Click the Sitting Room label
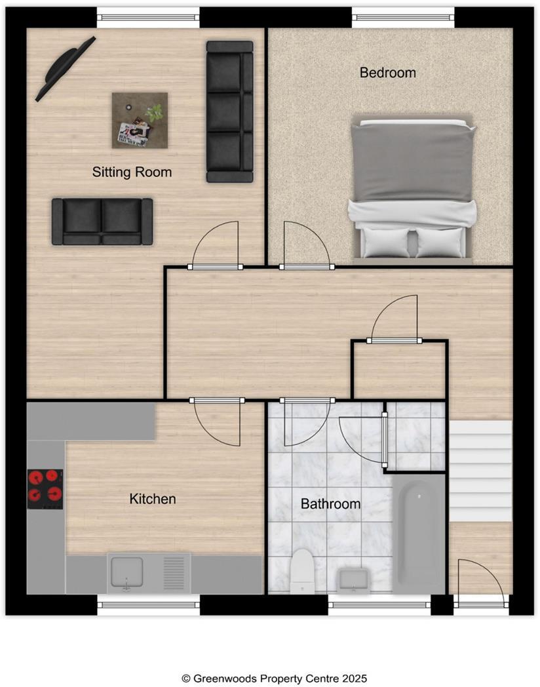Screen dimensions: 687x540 point(132,172)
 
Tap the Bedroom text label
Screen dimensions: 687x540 point(387,73)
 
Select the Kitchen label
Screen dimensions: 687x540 point(153,499)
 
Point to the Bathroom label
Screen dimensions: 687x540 point(330,504)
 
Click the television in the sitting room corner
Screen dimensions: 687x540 point(65,68)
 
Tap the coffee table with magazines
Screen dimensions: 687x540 point(140,120)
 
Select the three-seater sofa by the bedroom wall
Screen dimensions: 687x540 point(229,111)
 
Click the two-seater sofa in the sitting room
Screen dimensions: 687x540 point(102,222)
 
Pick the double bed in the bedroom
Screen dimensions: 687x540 point(413,189)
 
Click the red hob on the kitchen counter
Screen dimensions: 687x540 point(45,489)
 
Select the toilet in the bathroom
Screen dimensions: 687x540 point(302,570)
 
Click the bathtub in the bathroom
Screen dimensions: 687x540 point(419,533)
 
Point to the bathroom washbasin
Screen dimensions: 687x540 point(354,579)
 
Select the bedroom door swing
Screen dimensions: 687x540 point(303,246)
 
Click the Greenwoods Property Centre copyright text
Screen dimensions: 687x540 point(269,678)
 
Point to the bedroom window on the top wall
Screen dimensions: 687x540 point(403,16)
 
